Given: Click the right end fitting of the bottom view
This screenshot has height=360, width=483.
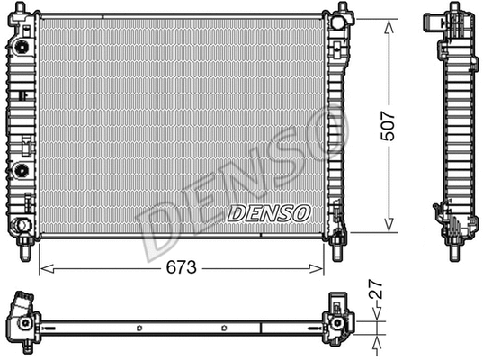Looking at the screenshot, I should tap(339, 319).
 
